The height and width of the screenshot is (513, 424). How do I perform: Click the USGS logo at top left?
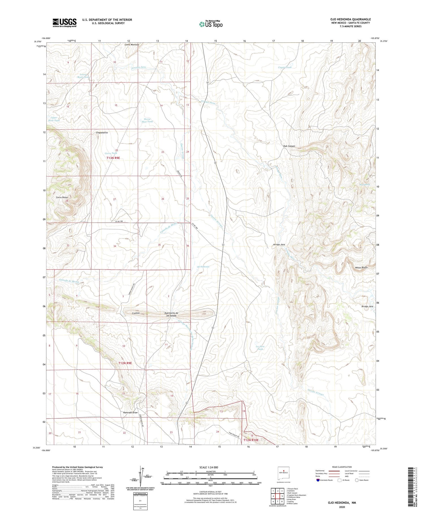tap(64, 23)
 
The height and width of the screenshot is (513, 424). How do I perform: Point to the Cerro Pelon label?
tap(62, 197)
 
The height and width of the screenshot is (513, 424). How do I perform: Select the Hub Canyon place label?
tap(289, 146)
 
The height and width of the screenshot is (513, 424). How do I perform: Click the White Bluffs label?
tap(361, 267)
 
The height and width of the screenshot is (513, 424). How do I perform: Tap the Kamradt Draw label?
tap(130, 412)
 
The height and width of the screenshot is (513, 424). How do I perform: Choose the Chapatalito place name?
tap(102, 132)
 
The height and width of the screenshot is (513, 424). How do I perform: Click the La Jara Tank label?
tap(260, 348)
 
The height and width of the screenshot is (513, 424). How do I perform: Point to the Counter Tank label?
tap(285, 67)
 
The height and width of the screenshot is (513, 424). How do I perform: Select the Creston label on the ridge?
tap(137, 313)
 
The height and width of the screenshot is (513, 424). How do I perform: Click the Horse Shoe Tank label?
tap(147, 120)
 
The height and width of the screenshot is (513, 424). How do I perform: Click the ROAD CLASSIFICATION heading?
tap(342, 467)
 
